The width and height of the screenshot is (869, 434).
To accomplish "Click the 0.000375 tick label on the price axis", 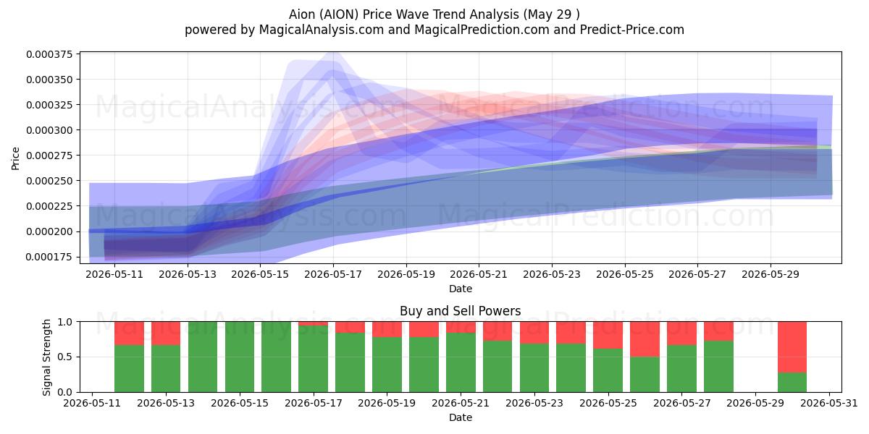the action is (49, 54).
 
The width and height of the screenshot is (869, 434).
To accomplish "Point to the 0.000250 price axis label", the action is (49, 181).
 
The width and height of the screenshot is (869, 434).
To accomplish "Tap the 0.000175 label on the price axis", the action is (49, 257).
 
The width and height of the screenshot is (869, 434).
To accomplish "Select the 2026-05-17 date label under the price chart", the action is (333, 274).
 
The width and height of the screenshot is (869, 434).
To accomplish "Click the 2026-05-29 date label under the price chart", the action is (771, 274).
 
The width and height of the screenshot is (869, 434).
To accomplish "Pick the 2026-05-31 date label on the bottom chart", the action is (829, 403).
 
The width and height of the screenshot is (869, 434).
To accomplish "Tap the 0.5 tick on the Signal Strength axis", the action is (64, 357).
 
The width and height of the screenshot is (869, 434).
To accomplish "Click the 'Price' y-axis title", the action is (15, 158).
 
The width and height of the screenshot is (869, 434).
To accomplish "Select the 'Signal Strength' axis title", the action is (46, 357).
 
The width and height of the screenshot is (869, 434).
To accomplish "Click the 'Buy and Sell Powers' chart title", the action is (460, 311).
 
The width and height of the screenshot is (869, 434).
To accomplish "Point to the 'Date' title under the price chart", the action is (461, 289).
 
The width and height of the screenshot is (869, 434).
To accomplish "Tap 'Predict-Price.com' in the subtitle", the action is (632, 30).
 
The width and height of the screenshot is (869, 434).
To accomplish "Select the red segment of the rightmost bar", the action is (792, 347).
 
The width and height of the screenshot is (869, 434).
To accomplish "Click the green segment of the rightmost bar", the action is (792, 383).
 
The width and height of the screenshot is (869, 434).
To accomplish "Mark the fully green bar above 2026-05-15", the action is (240, 357).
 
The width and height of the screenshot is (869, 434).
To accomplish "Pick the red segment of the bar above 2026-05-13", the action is (166, 333).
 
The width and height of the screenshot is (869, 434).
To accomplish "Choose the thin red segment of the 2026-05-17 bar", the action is (313, 323).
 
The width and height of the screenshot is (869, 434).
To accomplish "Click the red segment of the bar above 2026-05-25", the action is (608, 335).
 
